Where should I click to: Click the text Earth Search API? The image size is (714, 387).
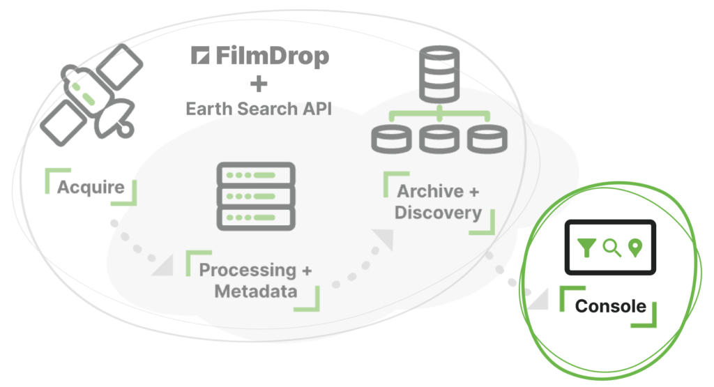coord(258,109)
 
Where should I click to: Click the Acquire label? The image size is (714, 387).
coord(91,187)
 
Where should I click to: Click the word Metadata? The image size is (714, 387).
coord(255,291)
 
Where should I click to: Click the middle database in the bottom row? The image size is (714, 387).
coord(439,138)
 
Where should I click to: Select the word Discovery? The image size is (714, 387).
coord(438,212)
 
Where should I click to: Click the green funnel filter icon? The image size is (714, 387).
coord(587,247)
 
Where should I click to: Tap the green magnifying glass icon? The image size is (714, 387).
coord(612,247)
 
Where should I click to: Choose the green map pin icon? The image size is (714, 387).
coord(635,247)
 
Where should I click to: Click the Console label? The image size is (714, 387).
coord(610,305)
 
